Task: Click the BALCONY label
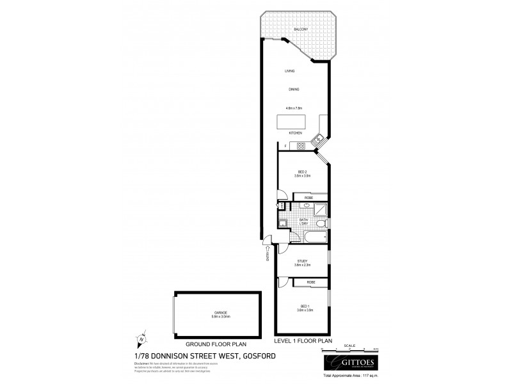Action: [x=301, y=29]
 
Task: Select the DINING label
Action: [x=294, y=89]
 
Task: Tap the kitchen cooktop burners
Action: [x=300, y=147]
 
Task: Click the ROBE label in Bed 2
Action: [x=308, y=198]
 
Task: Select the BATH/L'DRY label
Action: [x=303, y=222]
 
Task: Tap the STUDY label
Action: [x=302, y=260]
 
